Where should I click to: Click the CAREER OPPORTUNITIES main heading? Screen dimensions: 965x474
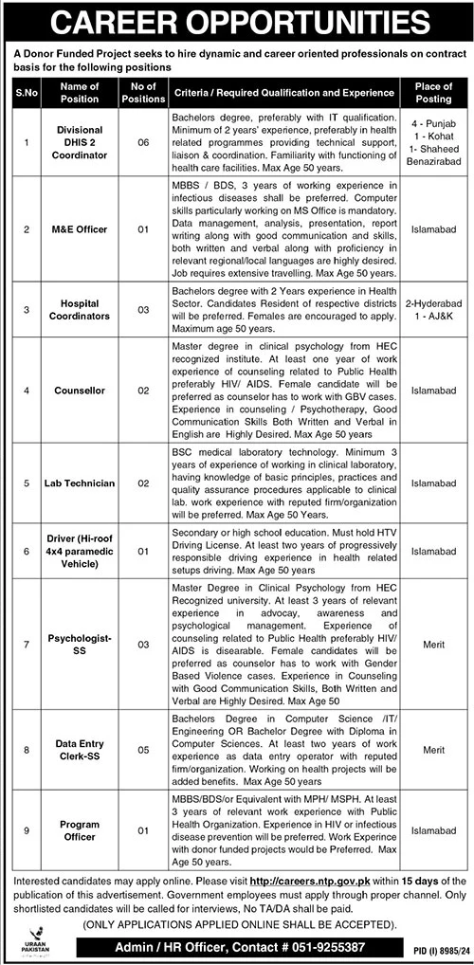[237, 21]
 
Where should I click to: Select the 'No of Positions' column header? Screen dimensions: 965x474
[140, 91]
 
